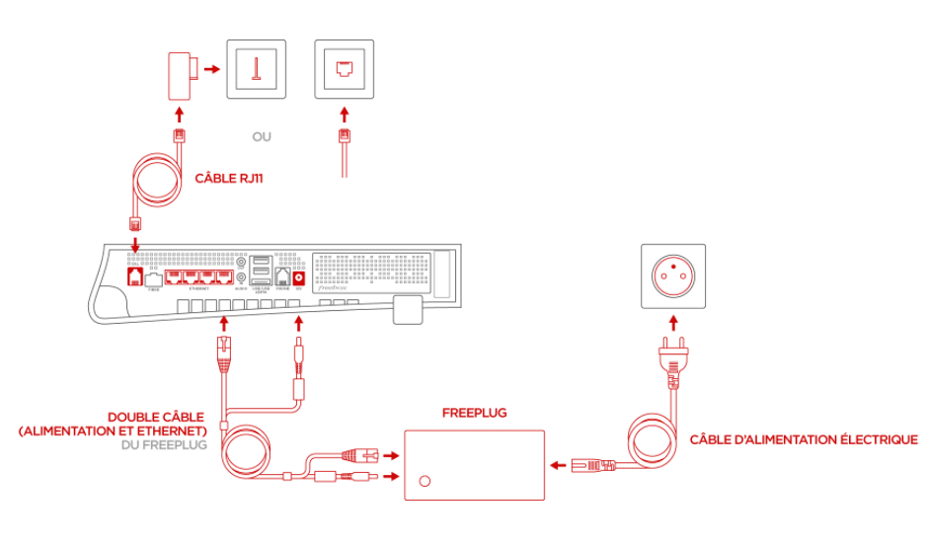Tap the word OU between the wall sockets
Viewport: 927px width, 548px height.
pyautogui.click(x=262, y=135)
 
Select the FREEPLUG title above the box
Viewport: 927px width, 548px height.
pyautogui.click(x=474, y=413)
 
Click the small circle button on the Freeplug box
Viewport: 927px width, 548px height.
pyautogui.click(x=425, y=482)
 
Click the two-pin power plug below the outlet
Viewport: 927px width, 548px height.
pyautogui.click(x=673, y=358)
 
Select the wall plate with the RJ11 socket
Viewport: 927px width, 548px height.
pyautogui.click(x=343, y=69)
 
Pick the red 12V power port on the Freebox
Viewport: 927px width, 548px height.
pyautogui.click(x=297, y=279)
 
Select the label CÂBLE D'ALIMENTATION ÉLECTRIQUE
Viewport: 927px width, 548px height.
pyautogui.click(x=804, y=439)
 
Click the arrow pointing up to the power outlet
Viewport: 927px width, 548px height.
pyautogui.click(x=673, y=323)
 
